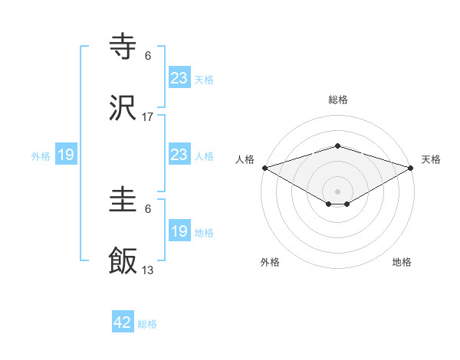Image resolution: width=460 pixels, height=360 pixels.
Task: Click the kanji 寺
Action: pyautogui.click(x=123, y=47)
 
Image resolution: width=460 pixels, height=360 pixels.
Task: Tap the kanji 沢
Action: pyautogui.click(x=123, y=109)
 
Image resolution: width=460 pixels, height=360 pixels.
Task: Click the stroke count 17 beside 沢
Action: pyautogui.click(x=148, y=117)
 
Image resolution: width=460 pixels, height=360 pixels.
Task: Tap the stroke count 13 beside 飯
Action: pyautogui.click(x=148, y=270)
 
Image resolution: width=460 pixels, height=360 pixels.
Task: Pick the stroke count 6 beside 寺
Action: pyautogui.click(x=148, y=56)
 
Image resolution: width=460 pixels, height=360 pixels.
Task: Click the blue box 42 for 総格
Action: pyautogui.click(x=123, y=322)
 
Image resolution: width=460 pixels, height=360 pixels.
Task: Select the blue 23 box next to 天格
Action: pyautogui.click(x=179, y=77)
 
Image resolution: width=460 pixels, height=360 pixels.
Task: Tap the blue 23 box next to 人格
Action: pyautogui.click(x=179, y=155)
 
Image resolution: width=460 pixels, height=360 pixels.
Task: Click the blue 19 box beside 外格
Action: pyautogui.click(x=66, y=155)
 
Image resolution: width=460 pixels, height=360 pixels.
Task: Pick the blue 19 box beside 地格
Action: pyautogui.click(x=179, y=231)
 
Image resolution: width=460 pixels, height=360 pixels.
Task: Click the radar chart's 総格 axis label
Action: pyautogui.click(x=338, y=100)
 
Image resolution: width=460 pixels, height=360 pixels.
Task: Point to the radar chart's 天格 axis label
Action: pyautogui.click(x=431, y=159)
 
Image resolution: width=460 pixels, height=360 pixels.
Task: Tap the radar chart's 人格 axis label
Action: pyautogui.click(x=245, y=159)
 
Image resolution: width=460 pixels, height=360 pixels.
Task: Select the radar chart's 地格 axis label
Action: pyautogui.click(x=402, y=262)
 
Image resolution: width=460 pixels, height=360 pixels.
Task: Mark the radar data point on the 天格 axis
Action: pyautogui.click(x=412, y=167)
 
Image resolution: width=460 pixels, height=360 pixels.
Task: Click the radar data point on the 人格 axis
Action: pyautogui.click(x=264, y=167)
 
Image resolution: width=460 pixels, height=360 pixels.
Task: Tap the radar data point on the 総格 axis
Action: pyautogui.click(x=338, y=146)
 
